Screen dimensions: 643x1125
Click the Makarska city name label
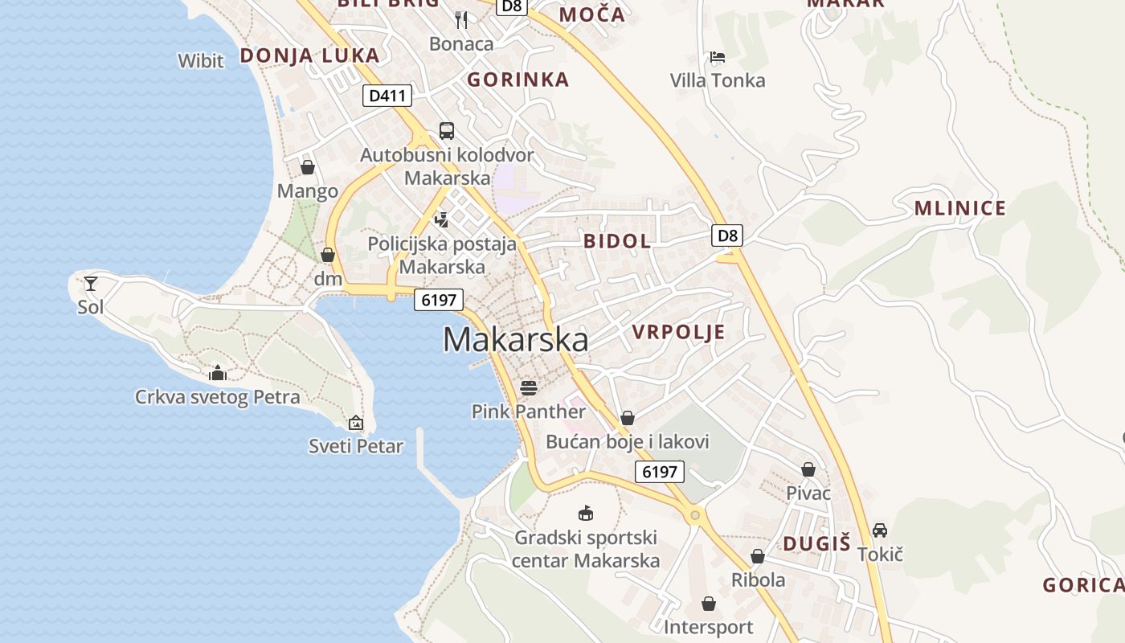(515, 340)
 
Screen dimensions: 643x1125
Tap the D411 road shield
(387, 96)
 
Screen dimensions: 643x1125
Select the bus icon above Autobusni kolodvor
(446, 130)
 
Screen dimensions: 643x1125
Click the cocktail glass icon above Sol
(91, 283)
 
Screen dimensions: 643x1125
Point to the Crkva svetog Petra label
(217, 396)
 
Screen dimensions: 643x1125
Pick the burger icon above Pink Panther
(528, 388)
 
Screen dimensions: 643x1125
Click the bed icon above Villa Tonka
(718, 57)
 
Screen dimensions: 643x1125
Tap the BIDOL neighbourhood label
(617, 241)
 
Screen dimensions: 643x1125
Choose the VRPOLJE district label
(678, 332)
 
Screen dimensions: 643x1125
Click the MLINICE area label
(959, 209)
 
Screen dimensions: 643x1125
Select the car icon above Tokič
(880, 530)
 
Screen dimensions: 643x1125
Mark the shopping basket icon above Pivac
(808, 469)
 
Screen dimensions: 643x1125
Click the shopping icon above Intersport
(708, 604)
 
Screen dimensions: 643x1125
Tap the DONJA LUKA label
(309, 55)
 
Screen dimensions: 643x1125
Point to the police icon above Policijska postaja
(441, 219)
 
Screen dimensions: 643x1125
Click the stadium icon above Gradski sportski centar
(586, 513)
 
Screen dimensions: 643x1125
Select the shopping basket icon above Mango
(307, 167)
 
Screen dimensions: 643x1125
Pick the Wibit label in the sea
(201, 60)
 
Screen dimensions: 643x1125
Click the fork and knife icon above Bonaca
(461, 19)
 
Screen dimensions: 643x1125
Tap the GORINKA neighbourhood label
(517, 80)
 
